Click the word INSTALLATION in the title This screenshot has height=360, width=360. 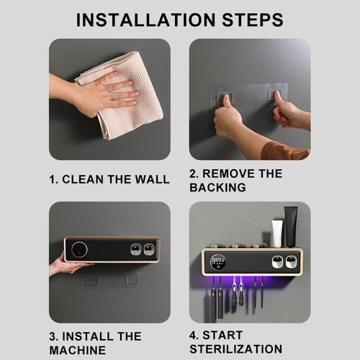(145, 19)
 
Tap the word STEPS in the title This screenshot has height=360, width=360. (253, 19)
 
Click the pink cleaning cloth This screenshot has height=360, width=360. (125, 96)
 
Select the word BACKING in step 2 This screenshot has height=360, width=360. (217, 187)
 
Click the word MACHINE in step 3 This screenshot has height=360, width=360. (77, 350)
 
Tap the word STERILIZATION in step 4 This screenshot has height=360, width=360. (236, 349)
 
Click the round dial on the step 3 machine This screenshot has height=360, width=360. (79, 250)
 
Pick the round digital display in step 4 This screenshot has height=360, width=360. (218, 261)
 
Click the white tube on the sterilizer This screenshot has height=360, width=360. (277, 234)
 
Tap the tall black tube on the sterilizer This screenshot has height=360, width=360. (291, 227)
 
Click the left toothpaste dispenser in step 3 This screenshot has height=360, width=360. (135, 250)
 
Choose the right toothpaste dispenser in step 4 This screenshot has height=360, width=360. (291, 262)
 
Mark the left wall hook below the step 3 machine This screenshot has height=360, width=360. (91, 281)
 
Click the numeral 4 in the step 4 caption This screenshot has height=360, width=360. (193, 336)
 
